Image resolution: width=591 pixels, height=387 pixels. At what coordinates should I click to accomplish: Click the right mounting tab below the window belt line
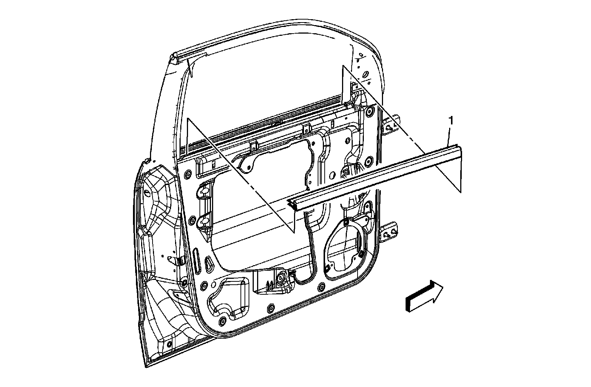tap(306, 129)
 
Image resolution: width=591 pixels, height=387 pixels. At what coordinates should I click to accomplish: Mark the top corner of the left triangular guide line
tap(188, 119)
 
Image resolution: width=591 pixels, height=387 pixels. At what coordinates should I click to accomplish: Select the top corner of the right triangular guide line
tap(343, 66)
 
